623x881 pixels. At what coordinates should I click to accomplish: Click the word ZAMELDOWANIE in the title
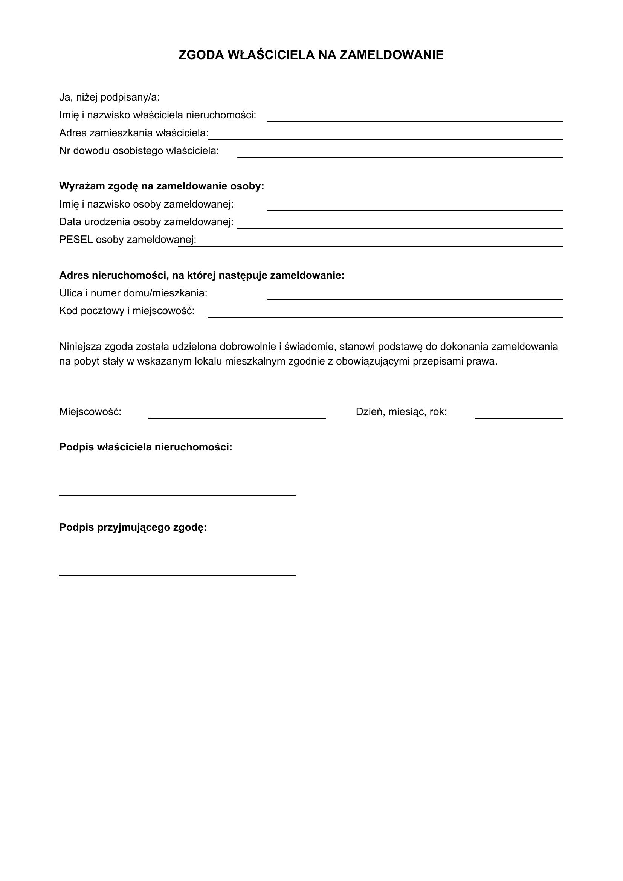(391, 55)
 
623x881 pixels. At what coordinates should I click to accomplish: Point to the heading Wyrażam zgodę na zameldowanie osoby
(162, 186)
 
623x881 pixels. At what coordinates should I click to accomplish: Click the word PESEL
(76, 240)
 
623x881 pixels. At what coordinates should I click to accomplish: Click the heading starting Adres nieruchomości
(202, 275)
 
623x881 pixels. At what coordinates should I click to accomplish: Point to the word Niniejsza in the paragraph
(80, 347)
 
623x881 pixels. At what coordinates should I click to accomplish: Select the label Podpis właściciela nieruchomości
(146, 447)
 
